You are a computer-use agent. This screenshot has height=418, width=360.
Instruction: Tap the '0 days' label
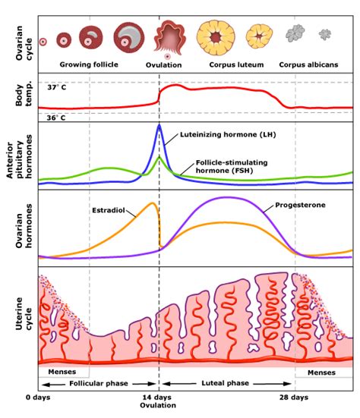[39, 397]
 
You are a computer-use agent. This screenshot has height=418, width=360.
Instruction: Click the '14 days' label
[159, 397]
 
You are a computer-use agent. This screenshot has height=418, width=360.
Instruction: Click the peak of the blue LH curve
[159, 125]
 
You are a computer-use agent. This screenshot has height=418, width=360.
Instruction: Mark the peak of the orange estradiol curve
[154, 203]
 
